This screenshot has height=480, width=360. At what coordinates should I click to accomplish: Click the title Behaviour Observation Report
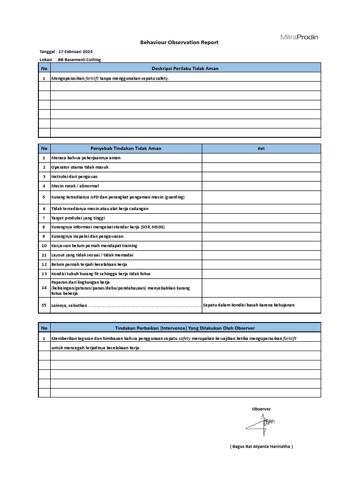click(x=180, y=43)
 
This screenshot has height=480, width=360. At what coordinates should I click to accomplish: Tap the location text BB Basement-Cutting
click(x=79, y=60)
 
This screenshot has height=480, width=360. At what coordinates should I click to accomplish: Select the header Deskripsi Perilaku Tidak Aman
click(x=186, y=68)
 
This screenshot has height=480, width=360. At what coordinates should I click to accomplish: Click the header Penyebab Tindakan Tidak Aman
click(x=126, y=148)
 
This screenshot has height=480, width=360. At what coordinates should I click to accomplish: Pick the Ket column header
click(x=261, y=149)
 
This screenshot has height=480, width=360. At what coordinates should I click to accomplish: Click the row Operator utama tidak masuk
click(x=80, y=167)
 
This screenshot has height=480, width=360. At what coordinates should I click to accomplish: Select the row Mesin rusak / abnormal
click(x=75, y=186)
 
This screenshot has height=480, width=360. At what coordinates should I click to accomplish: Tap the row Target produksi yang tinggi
click(x=78, y=218)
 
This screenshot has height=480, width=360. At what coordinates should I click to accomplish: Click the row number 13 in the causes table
click(x=44, y=273)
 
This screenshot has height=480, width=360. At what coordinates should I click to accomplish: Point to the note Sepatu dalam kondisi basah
click(x=249, y=305)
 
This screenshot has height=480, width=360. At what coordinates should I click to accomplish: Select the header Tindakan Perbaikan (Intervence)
click(x=186, y=328)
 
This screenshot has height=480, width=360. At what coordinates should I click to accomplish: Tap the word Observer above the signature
click(x=261, y=409)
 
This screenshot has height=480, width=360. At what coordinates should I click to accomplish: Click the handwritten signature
click(x=261, y=424)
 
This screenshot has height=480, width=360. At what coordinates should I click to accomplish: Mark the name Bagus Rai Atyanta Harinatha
click(x=261, y=446)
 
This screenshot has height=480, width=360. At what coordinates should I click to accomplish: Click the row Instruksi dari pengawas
click(x=75, y=177)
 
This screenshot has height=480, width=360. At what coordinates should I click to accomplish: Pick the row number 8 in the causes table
click(x=44, y=227)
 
